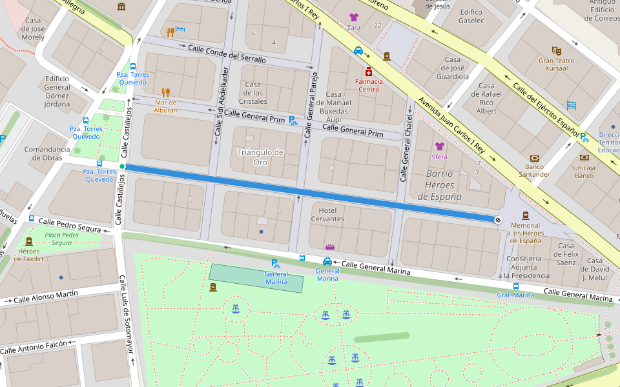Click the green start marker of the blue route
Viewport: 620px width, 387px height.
pyautogui.click(x=122, y=166)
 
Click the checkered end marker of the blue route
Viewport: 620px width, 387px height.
pyautogui.click(x=498, y=220)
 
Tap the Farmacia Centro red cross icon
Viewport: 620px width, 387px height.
pyautogui.click(x=369, y=71)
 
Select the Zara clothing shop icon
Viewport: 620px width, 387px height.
pyautogui.click(x=353, y=17)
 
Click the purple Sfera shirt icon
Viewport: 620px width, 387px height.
pyautogui.click(x=440, y=146)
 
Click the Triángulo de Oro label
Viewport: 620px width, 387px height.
pyautogui.click(x=260, y=157)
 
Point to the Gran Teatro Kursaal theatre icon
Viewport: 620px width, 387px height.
pyautogui.click(x=557, y=50)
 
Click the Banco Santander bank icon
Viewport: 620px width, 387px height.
pyautogui.click(x=534, y=159)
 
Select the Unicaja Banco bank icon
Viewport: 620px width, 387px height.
pyautogui.click(x=584, y=157)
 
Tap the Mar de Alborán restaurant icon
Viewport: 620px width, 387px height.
pyautogui.click(x=165, y=93)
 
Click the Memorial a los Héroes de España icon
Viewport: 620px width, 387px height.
pyautogui.click(x=526, y=215)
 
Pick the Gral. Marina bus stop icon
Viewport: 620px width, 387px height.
pyautogui.click(x=515, y=286)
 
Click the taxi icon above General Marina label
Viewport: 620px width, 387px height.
pyautogui.click(x=327, y=261)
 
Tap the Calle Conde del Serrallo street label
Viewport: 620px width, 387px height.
pyautogui.click(x=227, y=54)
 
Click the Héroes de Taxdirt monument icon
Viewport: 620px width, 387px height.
pyautogui.click(x=29, y=241)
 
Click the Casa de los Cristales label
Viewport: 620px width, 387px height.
pyautogui.click(x=253, y=93)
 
